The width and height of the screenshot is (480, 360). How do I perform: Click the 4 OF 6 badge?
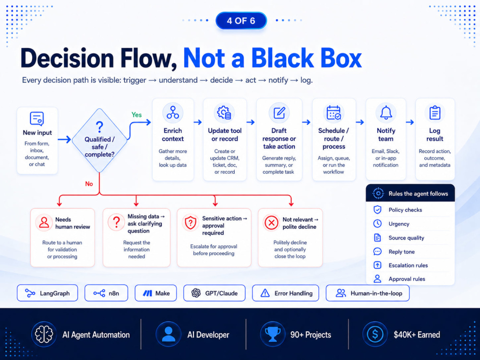coord(241,21)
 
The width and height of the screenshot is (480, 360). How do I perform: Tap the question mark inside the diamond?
coord(99,126)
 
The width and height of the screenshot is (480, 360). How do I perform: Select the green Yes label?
coord(136,115)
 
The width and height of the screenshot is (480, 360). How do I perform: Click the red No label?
coord(89,184)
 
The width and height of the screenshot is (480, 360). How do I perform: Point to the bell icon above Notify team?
coord(386,113)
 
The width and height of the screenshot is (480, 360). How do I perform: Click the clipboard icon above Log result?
coord(435,113)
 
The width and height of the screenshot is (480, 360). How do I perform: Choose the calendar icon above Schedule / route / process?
coord(334,113)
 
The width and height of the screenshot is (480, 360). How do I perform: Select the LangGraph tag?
coord(48,293)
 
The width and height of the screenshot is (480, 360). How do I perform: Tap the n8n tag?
coord(106,293)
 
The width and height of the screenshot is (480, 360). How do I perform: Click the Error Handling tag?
coord(286,293)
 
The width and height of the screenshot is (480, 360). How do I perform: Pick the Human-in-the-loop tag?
coord(368,293)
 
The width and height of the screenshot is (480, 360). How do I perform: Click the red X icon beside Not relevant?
coord(271,223)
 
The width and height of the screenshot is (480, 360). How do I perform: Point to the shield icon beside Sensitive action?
coord(191,223)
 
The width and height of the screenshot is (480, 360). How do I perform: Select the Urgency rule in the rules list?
coord(399,224)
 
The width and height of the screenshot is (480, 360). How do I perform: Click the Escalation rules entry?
coord(408,265)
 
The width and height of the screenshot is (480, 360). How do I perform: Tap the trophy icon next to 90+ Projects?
coord(272,334)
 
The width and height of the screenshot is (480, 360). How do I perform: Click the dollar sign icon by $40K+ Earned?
coord(375,334)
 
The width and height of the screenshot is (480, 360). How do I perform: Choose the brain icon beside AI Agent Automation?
coord(44,334)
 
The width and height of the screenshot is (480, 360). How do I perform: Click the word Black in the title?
coord(278,58)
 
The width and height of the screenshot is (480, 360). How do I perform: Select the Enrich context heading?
coord(173,135)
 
